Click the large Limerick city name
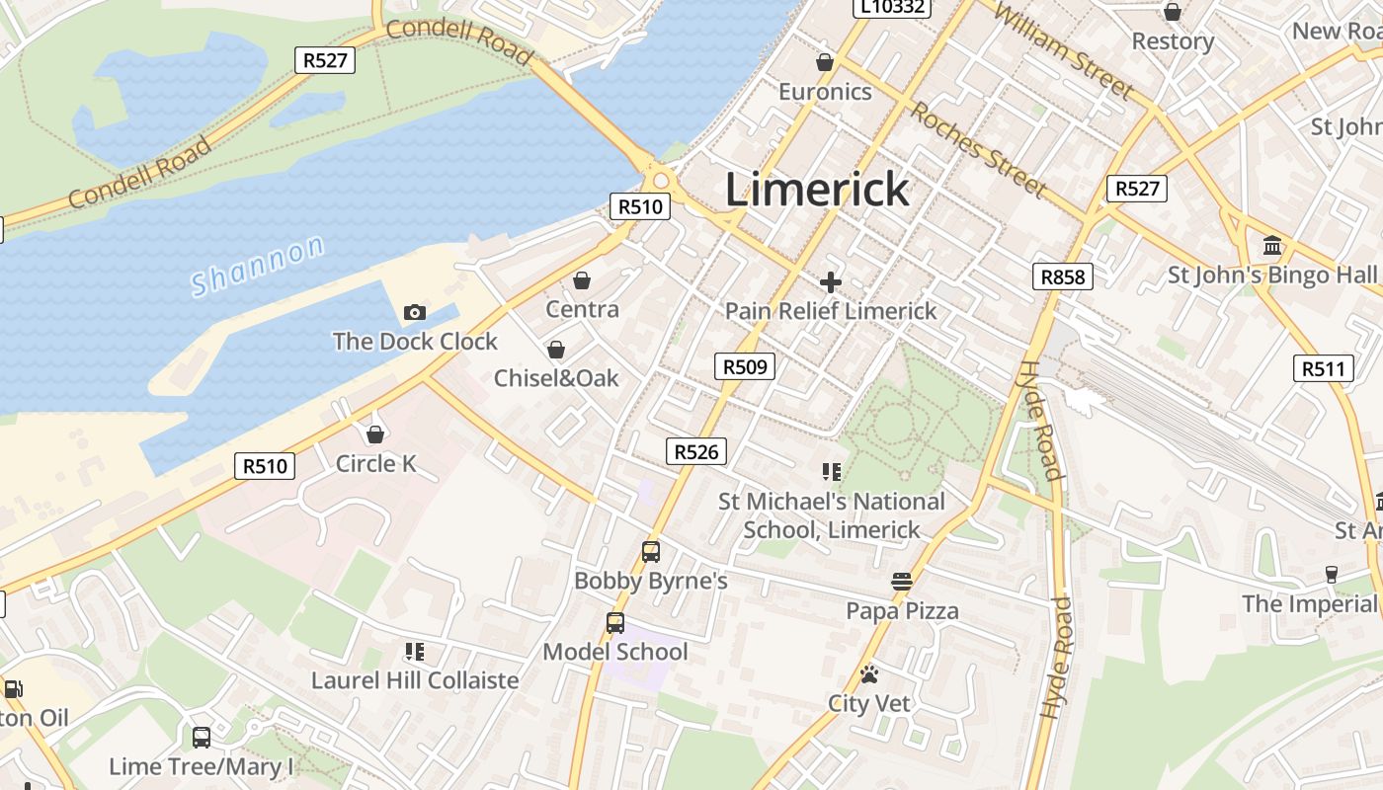tap(817, 189)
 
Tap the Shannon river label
tap(257, 266)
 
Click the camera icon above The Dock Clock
tap(415, 313)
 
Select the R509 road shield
tap(745, 367)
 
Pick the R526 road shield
tap(696, 451)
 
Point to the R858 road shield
tap(1063, 276)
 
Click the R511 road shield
tap(1323, 368)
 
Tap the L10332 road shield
tap(892, 8)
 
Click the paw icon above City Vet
tap(869, 674)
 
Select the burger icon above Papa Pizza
tap(901, 582)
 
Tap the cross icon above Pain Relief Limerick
tap(831, 282)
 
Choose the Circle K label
tap(375, 463)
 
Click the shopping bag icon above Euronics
tap(825, 63)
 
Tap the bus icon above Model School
tap(615, 623)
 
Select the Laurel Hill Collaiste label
tap(415, 680)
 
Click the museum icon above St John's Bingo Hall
tap(1272, 246)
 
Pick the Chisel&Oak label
tap(556, 378)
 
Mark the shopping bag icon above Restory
tap(1173, 13)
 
